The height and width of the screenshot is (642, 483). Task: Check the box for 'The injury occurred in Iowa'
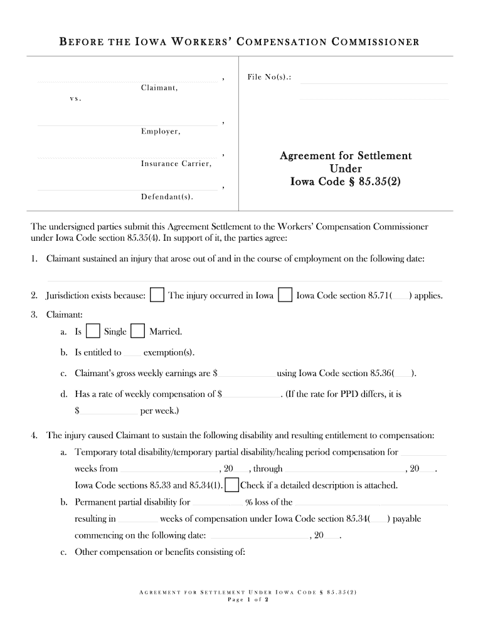tap(158, 295)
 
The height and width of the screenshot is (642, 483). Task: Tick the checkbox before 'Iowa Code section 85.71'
tap(285, 295)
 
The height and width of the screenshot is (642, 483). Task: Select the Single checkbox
tap(93, 332)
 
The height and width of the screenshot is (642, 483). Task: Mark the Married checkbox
tap(138, 332)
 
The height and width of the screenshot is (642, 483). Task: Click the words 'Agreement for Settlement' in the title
tap(346, 155)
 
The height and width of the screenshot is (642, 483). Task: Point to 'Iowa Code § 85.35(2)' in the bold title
tap(346, 182)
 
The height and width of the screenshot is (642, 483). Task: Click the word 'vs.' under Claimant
tap(75, 99)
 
